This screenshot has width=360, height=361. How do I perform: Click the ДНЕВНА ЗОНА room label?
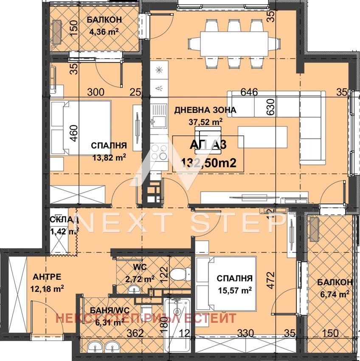205,110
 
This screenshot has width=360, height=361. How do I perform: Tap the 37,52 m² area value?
206,122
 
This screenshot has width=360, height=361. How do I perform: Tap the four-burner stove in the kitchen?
158,152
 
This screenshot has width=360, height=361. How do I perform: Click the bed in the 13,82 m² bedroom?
81,128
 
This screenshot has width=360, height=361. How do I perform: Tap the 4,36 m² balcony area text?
104,31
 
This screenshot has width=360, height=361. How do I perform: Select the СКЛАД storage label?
63,220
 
